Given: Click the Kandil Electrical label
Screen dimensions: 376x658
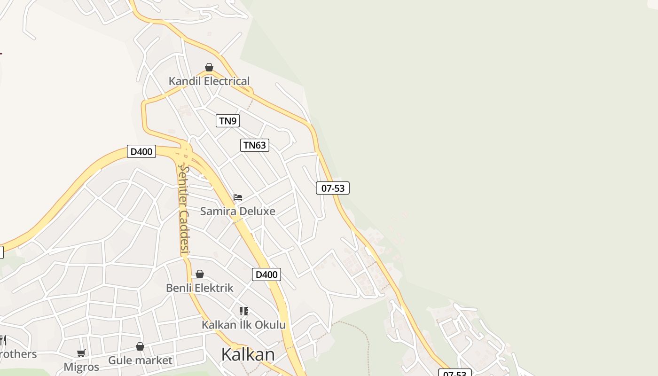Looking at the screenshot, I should point(209,81).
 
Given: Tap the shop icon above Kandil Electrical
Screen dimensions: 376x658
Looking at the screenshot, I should point(209,68).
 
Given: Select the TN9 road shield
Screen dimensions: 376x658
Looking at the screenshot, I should point(227,121).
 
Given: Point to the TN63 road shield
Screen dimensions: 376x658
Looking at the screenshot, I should point(255,145).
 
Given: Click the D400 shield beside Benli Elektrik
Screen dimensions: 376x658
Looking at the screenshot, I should point(266,274).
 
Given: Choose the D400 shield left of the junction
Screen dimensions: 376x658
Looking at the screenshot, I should point(141,151).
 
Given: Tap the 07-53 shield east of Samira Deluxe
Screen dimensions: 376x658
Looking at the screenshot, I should point(333,188).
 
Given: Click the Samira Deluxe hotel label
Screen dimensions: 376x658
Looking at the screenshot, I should point(238,211).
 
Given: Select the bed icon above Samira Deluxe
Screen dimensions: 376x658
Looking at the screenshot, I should point(238,197).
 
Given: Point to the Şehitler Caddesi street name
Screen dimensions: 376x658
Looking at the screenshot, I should point(184,210).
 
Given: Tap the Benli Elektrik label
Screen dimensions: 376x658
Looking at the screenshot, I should point(200,288).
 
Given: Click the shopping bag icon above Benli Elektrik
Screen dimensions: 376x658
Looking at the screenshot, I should point(200,274).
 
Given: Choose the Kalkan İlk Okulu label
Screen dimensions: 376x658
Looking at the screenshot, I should point(243,325).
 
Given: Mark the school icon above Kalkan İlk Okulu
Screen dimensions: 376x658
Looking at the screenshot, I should point(243,311).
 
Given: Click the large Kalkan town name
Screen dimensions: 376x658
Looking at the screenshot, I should point(248,354).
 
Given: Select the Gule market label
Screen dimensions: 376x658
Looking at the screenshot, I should point(140,360).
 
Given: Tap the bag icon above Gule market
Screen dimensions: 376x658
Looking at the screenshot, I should point(140,347).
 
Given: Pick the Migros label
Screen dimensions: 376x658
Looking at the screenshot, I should point(81,367).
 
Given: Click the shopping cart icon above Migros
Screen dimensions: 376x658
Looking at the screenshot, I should point(81,353).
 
